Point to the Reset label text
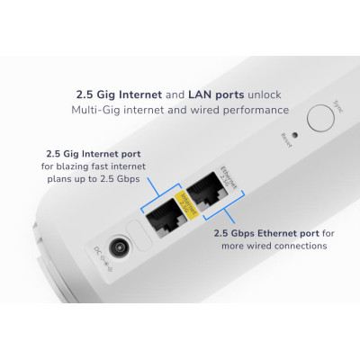coord(285,139)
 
